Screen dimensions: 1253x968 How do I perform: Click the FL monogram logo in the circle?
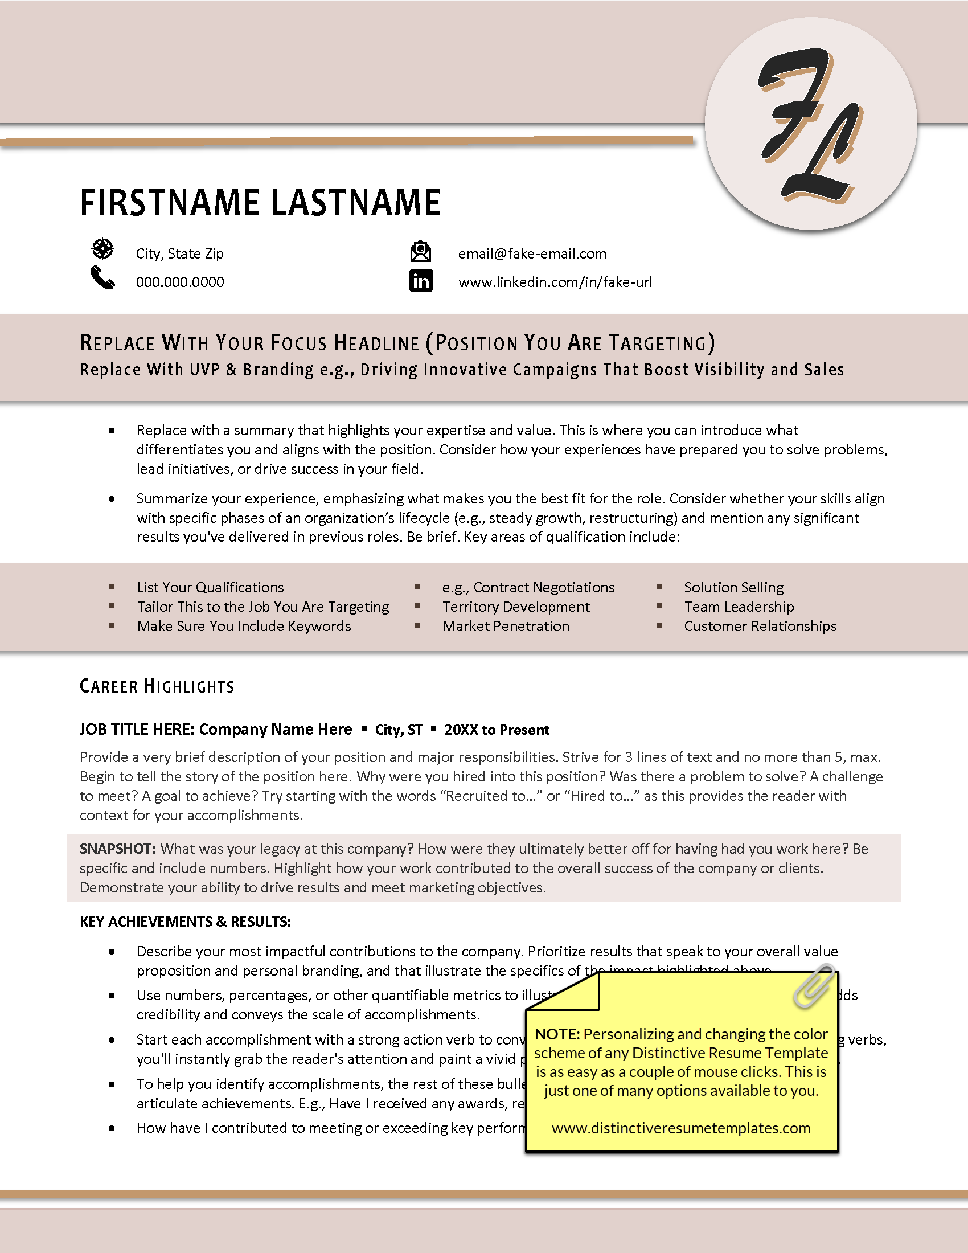[810, 124]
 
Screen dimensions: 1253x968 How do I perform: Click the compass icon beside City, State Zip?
[102, 249]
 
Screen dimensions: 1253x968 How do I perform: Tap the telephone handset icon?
[102, 279]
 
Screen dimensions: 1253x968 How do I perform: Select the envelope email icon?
[420, 252]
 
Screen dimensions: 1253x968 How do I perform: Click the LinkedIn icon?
[420, 281]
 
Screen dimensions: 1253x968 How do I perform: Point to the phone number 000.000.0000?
[179, 282]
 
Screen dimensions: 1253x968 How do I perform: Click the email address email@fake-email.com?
[532, 253]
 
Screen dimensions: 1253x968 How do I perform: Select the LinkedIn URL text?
[555, 282]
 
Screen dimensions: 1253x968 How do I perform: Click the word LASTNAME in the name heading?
[355, 203]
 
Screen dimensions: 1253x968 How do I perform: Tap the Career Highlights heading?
[157, 686]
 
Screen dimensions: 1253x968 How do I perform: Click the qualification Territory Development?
[515, 607]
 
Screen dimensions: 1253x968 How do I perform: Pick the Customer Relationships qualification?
[760, 626]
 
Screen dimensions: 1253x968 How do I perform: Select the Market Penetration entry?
[505, 626]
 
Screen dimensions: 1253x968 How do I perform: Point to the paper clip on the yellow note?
[814, 986]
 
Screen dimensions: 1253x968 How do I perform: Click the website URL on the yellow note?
[680, 1128]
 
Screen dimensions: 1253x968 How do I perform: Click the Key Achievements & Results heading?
[185, 922]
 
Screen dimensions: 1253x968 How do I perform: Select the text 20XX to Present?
[497, 730]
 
